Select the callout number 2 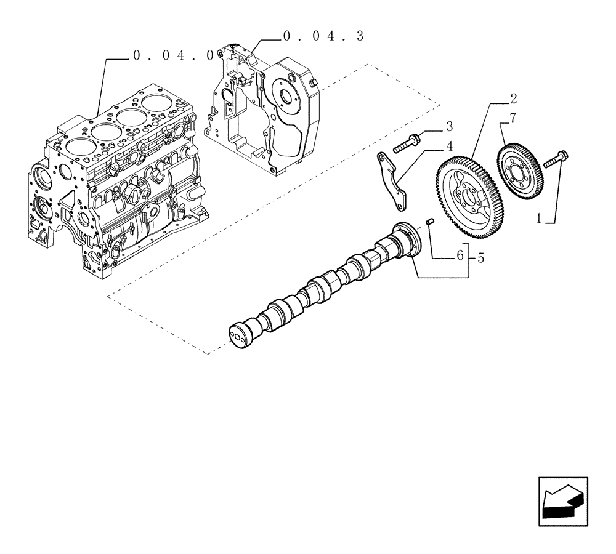[x=513, y=98]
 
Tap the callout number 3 [x=449, y=127]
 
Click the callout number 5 [x=480, y=259]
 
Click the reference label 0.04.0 [x=173, y=56]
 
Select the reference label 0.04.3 [x=323, y=36]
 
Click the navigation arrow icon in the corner [x=562, y=502]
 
